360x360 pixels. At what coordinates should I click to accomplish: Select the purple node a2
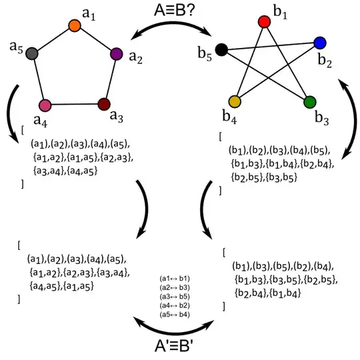(116, 53)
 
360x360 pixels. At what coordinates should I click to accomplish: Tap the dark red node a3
(103, 103)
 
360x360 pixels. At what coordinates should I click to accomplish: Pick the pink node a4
(45, 105)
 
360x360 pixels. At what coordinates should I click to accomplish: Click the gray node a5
(31, 54)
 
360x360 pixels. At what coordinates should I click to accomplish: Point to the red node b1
(263, 21)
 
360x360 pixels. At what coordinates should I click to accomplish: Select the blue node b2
(319, 43)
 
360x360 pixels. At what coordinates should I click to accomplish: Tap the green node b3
(309, 102)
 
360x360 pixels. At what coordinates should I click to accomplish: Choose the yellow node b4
(234, 101)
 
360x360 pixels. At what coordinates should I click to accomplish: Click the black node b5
(222, 49)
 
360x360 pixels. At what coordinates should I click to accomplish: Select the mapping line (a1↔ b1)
(175, 278)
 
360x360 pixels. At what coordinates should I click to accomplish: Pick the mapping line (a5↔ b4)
(175, 313)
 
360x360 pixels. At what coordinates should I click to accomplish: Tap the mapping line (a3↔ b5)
(175, 295)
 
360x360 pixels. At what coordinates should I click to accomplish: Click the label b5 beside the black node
(207, 56)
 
